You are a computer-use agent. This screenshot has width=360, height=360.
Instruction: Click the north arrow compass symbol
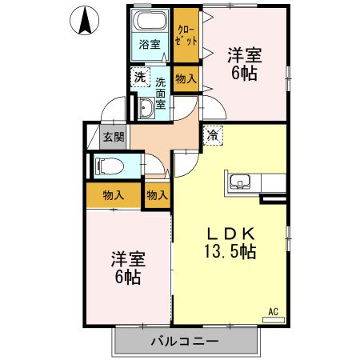click(85, 21)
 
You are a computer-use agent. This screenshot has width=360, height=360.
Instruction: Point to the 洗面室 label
click(160, 92)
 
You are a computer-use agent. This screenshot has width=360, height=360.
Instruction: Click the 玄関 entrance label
click(113, 136)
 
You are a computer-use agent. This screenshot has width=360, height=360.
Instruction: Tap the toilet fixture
click(107, 167)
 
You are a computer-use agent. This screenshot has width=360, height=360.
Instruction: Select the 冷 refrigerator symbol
click(213, 135)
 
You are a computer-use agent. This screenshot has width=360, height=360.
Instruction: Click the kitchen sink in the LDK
click(239, 182)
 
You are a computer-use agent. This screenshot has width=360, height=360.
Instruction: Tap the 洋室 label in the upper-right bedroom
click(245, 57)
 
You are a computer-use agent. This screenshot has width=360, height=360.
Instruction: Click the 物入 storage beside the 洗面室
click(187, 78)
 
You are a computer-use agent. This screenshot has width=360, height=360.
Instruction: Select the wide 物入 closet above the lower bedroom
click(114, 194)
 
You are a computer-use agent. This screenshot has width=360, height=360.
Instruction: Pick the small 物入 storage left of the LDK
click(157, 194)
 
